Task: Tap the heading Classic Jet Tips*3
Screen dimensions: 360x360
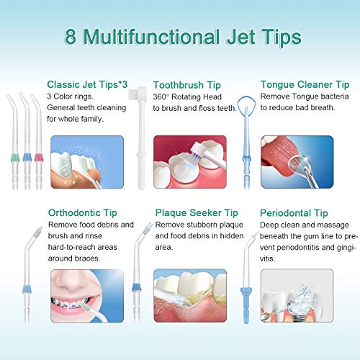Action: click(x=82, y=84)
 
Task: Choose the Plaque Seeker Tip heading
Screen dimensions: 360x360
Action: click(x=197, y=213)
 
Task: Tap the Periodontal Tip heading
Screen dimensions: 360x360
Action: click(x=294, y=213)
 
